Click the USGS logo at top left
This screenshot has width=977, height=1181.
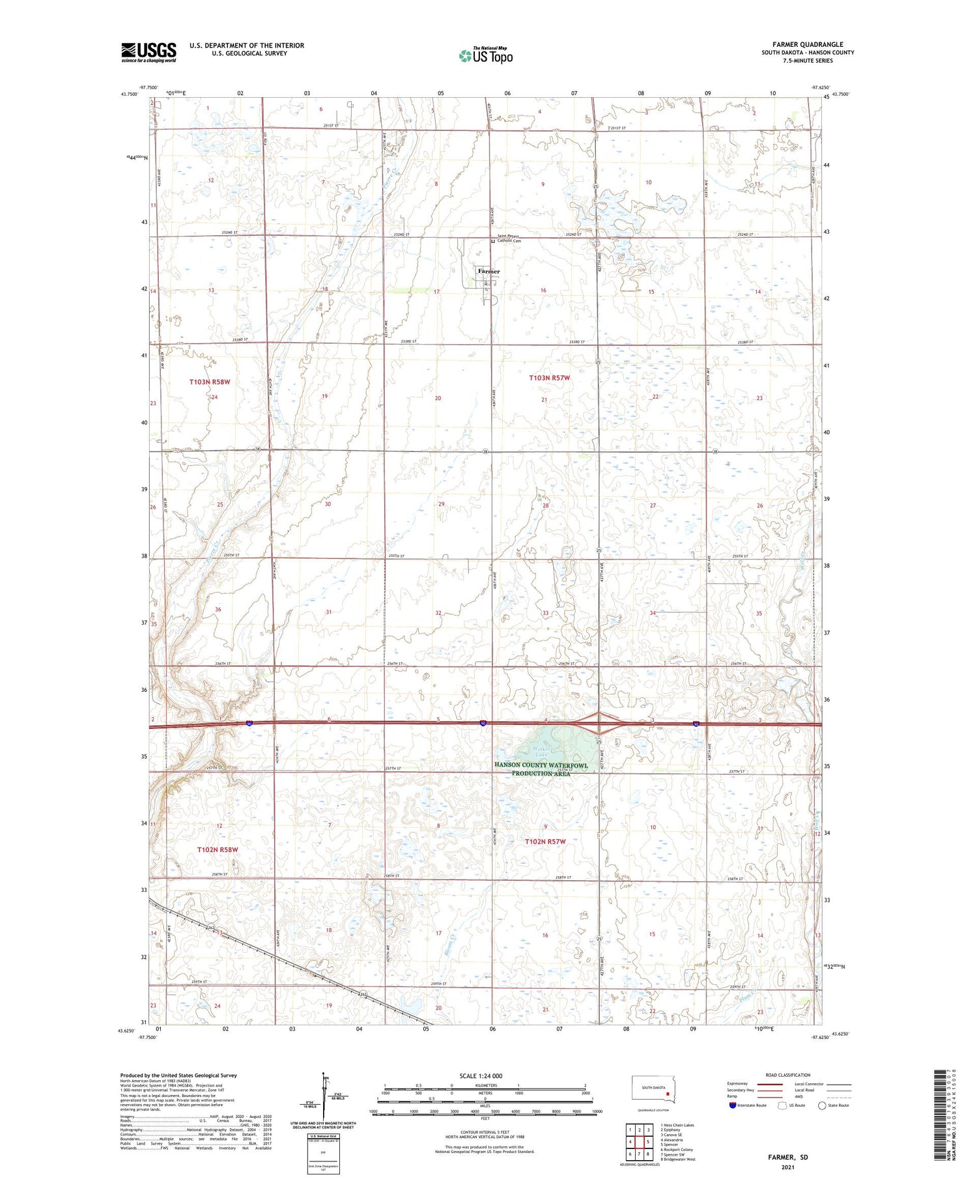tap(149, 52)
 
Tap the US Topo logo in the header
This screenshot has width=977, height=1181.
tap(486, 56)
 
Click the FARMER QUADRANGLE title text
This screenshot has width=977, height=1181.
tap(808, 44)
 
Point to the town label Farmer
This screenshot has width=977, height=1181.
tap(488, 271)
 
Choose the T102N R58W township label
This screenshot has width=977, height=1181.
tap(218, 849)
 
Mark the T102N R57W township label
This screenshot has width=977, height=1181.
tap(545, 842)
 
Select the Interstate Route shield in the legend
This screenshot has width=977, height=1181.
tap(732, 1105)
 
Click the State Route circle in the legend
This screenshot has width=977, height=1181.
tap(822, 1105)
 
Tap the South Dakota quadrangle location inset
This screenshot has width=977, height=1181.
tap(654, 1090)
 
